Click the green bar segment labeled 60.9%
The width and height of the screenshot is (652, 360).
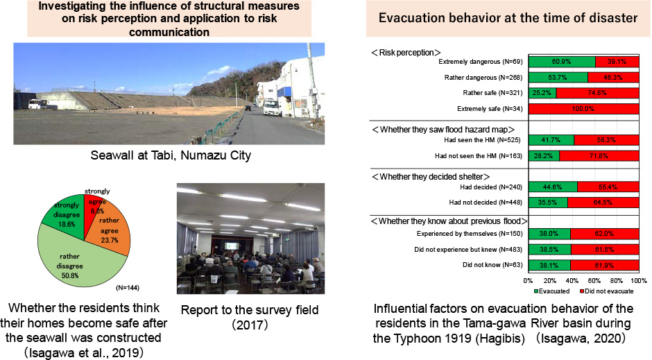click(562, 62)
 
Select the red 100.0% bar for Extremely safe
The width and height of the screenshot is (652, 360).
click(584, 109)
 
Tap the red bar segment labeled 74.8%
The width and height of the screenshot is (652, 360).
click(597, 93)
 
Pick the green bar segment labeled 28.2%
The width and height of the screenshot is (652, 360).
click(544, 156)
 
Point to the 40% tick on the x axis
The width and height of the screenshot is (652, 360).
click(572, 281)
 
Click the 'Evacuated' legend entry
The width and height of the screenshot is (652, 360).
click(552, 291)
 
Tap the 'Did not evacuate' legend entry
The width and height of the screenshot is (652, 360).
click(606, 291)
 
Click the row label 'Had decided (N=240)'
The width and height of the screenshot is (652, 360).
click(491, 187)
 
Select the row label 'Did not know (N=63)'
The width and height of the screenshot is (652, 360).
click(492, 265)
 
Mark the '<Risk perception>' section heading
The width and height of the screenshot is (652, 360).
click(406, 53)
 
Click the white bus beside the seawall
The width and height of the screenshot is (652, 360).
click(38, 104)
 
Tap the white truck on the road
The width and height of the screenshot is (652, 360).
click(273, 108)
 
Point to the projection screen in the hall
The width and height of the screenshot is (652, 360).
click(231, 246)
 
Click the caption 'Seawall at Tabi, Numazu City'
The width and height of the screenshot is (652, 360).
click(171, 155)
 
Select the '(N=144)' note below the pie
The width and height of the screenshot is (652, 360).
click(127, 288)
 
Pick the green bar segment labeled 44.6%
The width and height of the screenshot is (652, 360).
click(553, 187)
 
